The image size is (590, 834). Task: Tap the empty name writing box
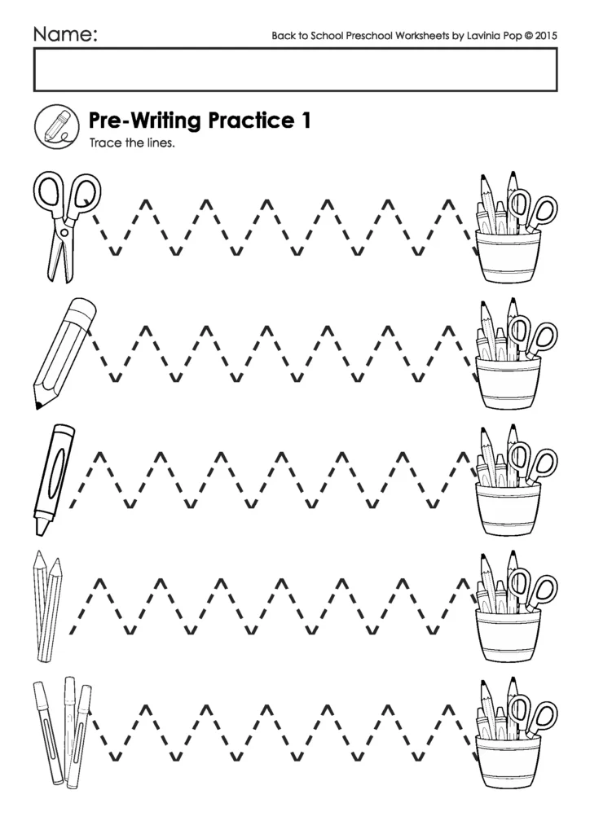tap(295, 70)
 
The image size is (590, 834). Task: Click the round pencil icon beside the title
tap(56, 127)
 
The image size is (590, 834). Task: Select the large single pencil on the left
tap(64, 351)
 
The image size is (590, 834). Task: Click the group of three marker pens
tap(61, 729)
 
